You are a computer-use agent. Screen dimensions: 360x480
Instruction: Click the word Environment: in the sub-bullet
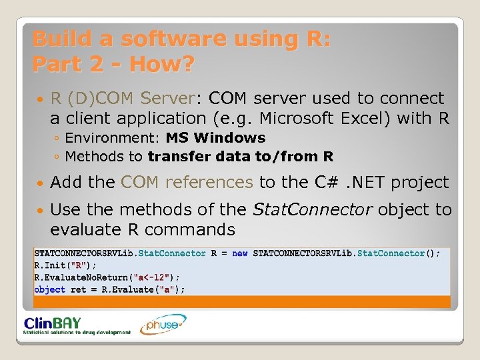[113, 138]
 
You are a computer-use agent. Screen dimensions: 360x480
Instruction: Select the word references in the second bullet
[209, 182]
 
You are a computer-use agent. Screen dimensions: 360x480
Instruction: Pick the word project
[419, 182]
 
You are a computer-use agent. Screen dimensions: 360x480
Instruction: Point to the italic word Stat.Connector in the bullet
[313, 210]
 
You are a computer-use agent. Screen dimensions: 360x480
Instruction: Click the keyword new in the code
[240, 253]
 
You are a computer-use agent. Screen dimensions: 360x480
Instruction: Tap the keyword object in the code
[50, 289]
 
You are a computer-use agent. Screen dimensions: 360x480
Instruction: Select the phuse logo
[163, 325]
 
